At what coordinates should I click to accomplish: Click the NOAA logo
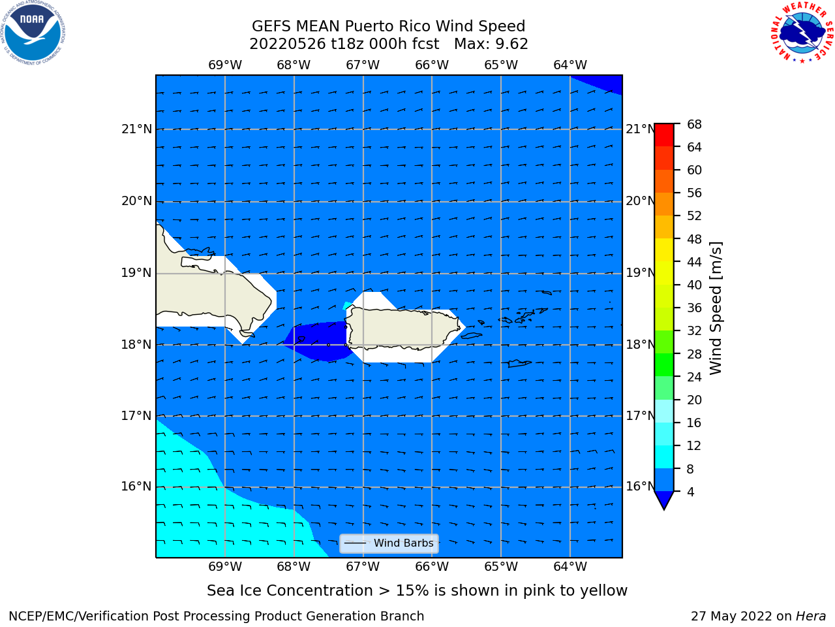tap(33, 33)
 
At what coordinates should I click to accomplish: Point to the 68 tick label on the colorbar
tap(694, 125)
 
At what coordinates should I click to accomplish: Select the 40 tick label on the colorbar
tap(694, 285)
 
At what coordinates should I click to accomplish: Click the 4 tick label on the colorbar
tap(690, 492)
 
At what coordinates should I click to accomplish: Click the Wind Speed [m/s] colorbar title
tap(716, 308)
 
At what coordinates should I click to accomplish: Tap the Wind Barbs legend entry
tap(389, 543)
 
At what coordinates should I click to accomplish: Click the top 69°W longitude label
tap(225, 65)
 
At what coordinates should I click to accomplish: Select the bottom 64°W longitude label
tap(570, 567)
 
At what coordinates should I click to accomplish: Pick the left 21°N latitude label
tap(136, 129)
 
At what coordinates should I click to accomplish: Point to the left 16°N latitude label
tap(136, 487)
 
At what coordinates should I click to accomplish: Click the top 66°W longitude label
tap(432, 65)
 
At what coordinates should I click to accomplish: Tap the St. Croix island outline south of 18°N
tap(519, 364)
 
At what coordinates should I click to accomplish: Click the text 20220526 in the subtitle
tap(288, 44)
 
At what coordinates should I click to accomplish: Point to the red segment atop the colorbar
tap(664, 135)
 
